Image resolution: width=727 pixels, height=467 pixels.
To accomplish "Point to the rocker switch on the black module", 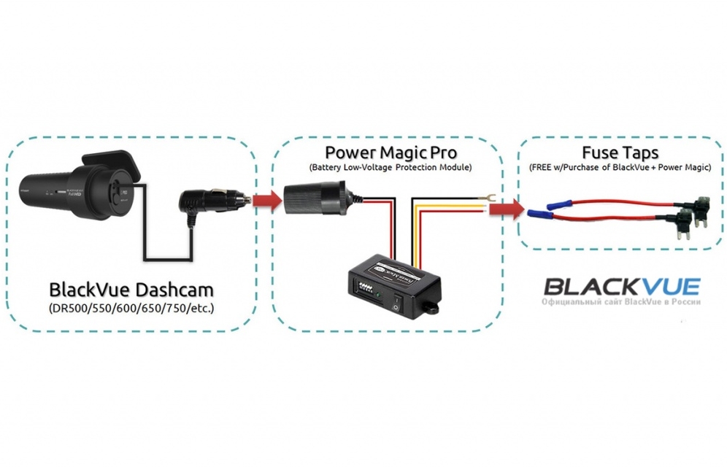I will [x=396, y=301].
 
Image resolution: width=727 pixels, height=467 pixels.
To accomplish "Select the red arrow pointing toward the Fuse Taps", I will [x=506, y=210].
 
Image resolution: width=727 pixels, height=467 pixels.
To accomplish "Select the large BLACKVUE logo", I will [x=622, y=285].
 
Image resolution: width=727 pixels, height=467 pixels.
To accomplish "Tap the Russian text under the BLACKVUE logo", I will [x=622, y=302].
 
